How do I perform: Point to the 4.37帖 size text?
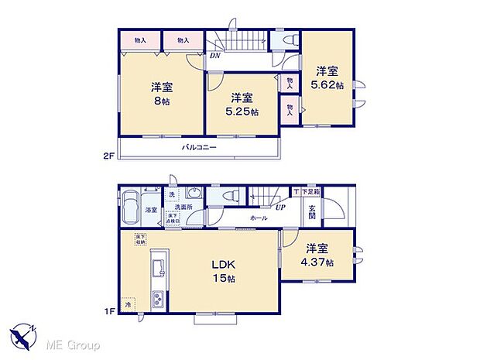(319, 262)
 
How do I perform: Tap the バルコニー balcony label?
(199, 147)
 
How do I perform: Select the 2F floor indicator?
(109, 156)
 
